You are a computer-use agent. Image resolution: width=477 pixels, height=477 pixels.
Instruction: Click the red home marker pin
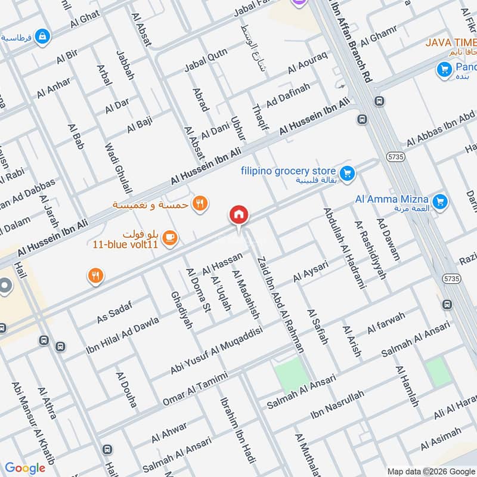(x=239, y=215)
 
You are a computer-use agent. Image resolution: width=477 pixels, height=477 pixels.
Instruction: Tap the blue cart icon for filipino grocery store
(x=348, y=175)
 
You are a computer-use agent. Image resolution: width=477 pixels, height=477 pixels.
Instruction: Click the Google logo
(x=25, y=467)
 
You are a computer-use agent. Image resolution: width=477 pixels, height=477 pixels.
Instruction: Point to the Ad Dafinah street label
(x=289, y=95)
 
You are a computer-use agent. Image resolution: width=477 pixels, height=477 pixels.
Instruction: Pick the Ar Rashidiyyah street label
(x=371, y=250)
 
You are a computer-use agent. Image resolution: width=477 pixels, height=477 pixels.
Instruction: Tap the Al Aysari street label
(x=311, y=274)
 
